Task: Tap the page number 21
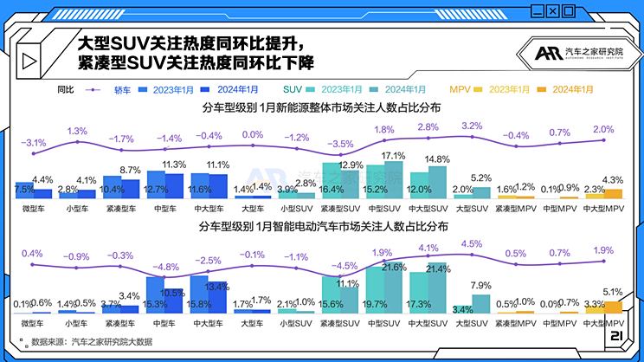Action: pos(617,336)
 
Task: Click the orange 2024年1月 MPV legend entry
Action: pos(569,89)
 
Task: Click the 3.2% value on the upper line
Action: pos(472,126)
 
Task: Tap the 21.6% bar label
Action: pos(394,268)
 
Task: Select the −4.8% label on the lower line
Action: pos(166,268)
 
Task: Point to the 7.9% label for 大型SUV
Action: pos(480,286)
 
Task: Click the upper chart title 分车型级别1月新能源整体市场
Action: pos(321,108)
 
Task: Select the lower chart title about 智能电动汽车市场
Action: pos(321,229)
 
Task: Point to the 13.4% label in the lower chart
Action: pos(216,287)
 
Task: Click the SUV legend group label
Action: pos(292,89)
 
